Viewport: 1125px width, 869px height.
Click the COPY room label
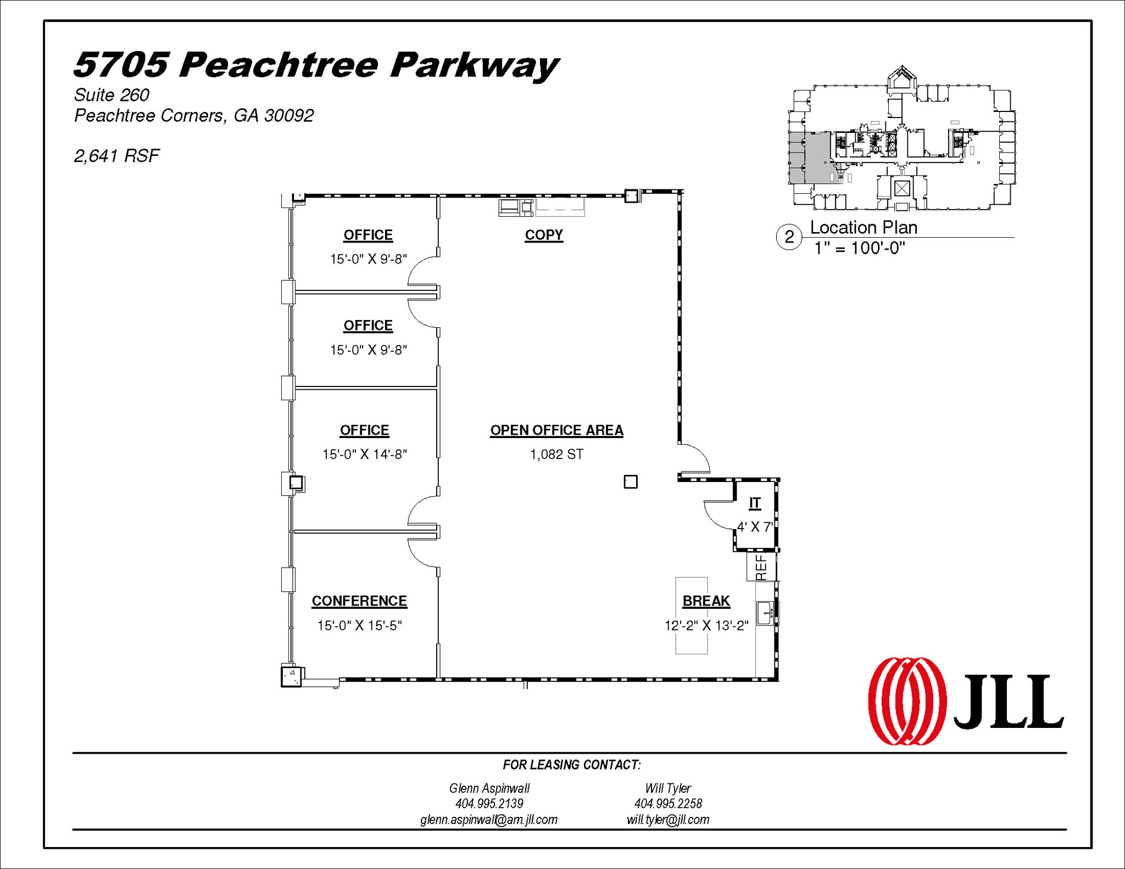tap(543, 235)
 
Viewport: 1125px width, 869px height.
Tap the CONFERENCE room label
tap(359, 601)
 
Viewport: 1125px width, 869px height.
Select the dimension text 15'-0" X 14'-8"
tap(364, 454)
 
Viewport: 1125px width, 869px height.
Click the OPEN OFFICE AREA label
tap(556, 430)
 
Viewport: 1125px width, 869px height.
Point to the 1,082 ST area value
tap(556, 454)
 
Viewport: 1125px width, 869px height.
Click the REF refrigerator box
tap(761, 567)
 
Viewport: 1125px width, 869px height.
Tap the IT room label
tap(755, 503)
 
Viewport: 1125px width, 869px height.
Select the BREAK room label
tap(706, 601)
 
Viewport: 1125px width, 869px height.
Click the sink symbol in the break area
tap(765, 613)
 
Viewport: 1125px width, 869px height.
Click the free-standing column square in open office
tap(631, 482)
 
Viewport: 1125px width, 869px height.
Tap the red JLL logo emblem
tap(907, 701)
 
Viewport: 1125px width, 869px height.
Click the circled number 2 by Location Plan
tap(789, 237)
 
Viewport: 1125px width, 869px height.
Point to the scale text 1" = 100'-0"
tap(859, 248)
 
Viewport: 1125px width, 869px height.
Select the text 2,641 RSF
tap(116, 156)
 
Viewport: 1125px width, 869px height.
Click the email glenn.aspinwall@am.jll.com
tap(488, 820)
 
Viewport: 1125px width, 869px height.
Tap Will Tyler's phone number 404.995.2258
tap(668, 804)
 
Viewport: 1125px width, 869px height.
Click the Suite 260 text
tap(112, 95)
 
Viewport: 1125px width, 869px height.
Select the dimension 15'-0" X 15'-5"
tap(359, 625)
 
